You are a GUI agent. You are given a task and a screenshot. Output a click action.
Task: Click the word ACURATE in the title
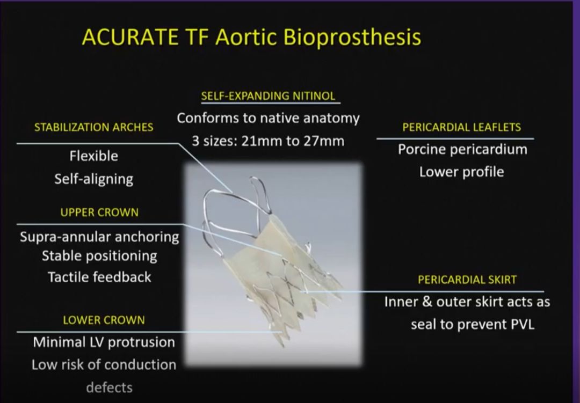[x=130, y=37]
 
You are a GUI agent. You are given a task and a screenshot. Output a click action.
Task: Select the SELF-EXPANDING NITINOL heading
[x=268, y=96]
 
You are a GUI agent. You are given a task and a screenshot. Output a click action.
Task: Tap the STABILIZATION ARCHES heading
[x=93, y=127]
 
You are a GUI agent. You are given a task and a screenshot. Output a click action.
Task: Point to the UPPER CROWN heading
[x=99, y=212]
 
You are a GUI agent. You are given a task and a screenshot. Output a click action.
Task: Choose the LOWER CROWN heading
[x=104, y=320]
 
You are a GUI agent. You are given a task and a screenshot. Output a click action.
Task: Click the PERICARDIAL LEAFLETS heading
[x=462, y=127]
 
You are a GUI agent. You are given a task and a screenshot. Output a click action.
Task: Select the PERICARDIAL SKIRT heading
[x=467, y=280]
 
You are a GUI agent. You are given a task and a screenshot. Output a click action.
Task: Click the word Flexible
[x=94, y=156]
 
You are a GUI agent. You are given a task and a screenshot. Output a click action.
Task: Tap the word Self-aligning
[x=94, y=179]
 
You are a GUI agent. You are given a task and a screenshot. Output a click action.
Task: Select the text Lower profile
[x=462, y=172]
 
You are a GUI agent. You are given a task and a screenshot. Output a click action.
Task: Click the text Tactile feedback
[x=99, y=277]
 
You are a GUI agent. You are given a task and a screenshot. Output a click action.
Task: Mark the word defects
[x=109, y=387]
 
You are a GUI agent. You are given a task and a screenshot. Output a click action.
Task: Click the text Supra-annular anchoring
[x=99, y=237]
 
